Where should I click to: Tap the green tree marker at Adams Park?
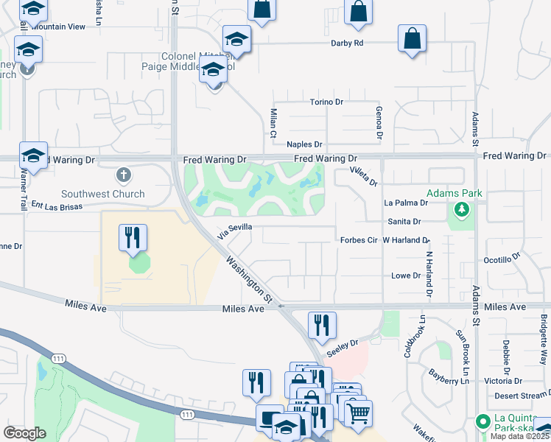(462, 211)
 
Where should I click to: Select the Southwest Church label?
(102, 194)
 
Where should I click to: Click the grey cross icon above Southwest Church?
(124, 176)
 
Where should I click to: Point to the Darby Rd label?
(348, 43)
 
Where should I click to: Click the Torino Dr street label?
(327, 102)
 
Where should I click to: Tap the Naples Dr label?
(305, 144)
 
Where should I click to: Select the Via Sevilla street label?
(235, 232)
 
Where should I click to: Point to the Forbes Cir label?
(359, 240)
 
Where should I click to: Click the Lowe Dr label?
(406, 276)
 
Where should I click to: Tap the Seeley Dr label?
(343, 344)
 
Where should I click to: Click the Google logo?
(24, 432)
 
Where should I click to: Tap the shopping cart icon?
(358, 413)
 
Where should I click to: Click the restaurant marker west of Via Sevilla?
(133, 237)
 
